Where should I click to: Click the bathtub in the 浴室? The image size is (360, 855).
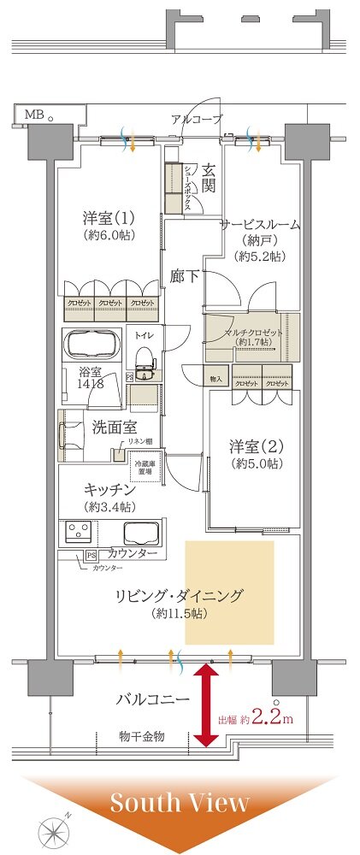(x=92, y=345)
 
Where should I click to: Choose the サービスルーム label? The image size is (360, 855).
(x=259, y=225)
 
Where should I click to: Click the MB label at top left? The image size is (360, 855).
(x=33, y=114)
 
